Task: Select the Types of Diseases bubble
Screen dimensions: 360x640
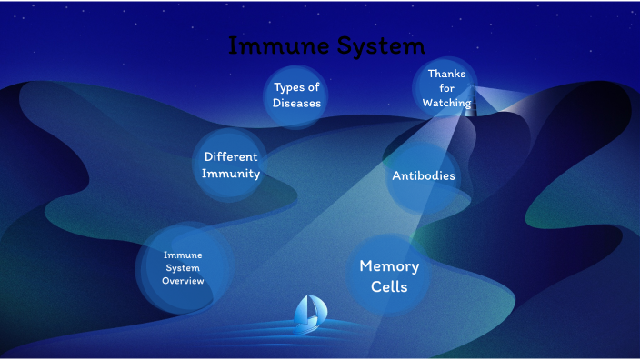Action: click(296, 95)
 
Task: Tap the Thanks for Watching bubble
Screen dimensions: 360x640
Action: click(446, 88)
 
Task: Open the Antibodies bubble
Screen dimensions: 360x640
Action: click(424, 175)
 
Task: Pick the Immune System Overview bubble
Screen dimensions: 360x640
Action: click(183, 268)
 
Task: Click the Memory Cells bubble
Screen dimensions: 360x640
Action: click(389, 275)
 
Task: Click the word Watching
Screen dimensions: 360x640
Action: click(446, 104)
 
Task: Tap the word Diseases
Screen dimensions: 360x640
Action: click(296, 103)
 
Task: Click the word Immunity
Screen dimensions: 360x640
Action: click(232, 174)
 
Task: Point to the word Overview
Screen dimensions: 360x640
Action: click(183, 281)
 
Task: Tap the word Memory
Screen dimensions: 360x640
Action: click(389, 265)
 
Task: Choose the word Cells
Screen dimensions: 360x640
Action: click(389, 286)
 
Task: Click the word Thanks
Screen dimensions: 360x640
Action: click(446, 74)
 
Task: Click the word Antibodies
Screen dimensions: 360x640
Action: click(424, 175)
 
